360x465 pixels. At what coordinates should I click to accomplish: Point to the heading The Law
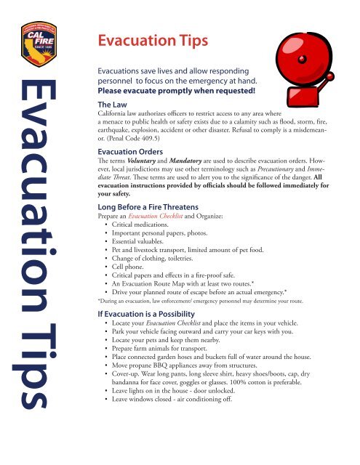click(x=115, y=105)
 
